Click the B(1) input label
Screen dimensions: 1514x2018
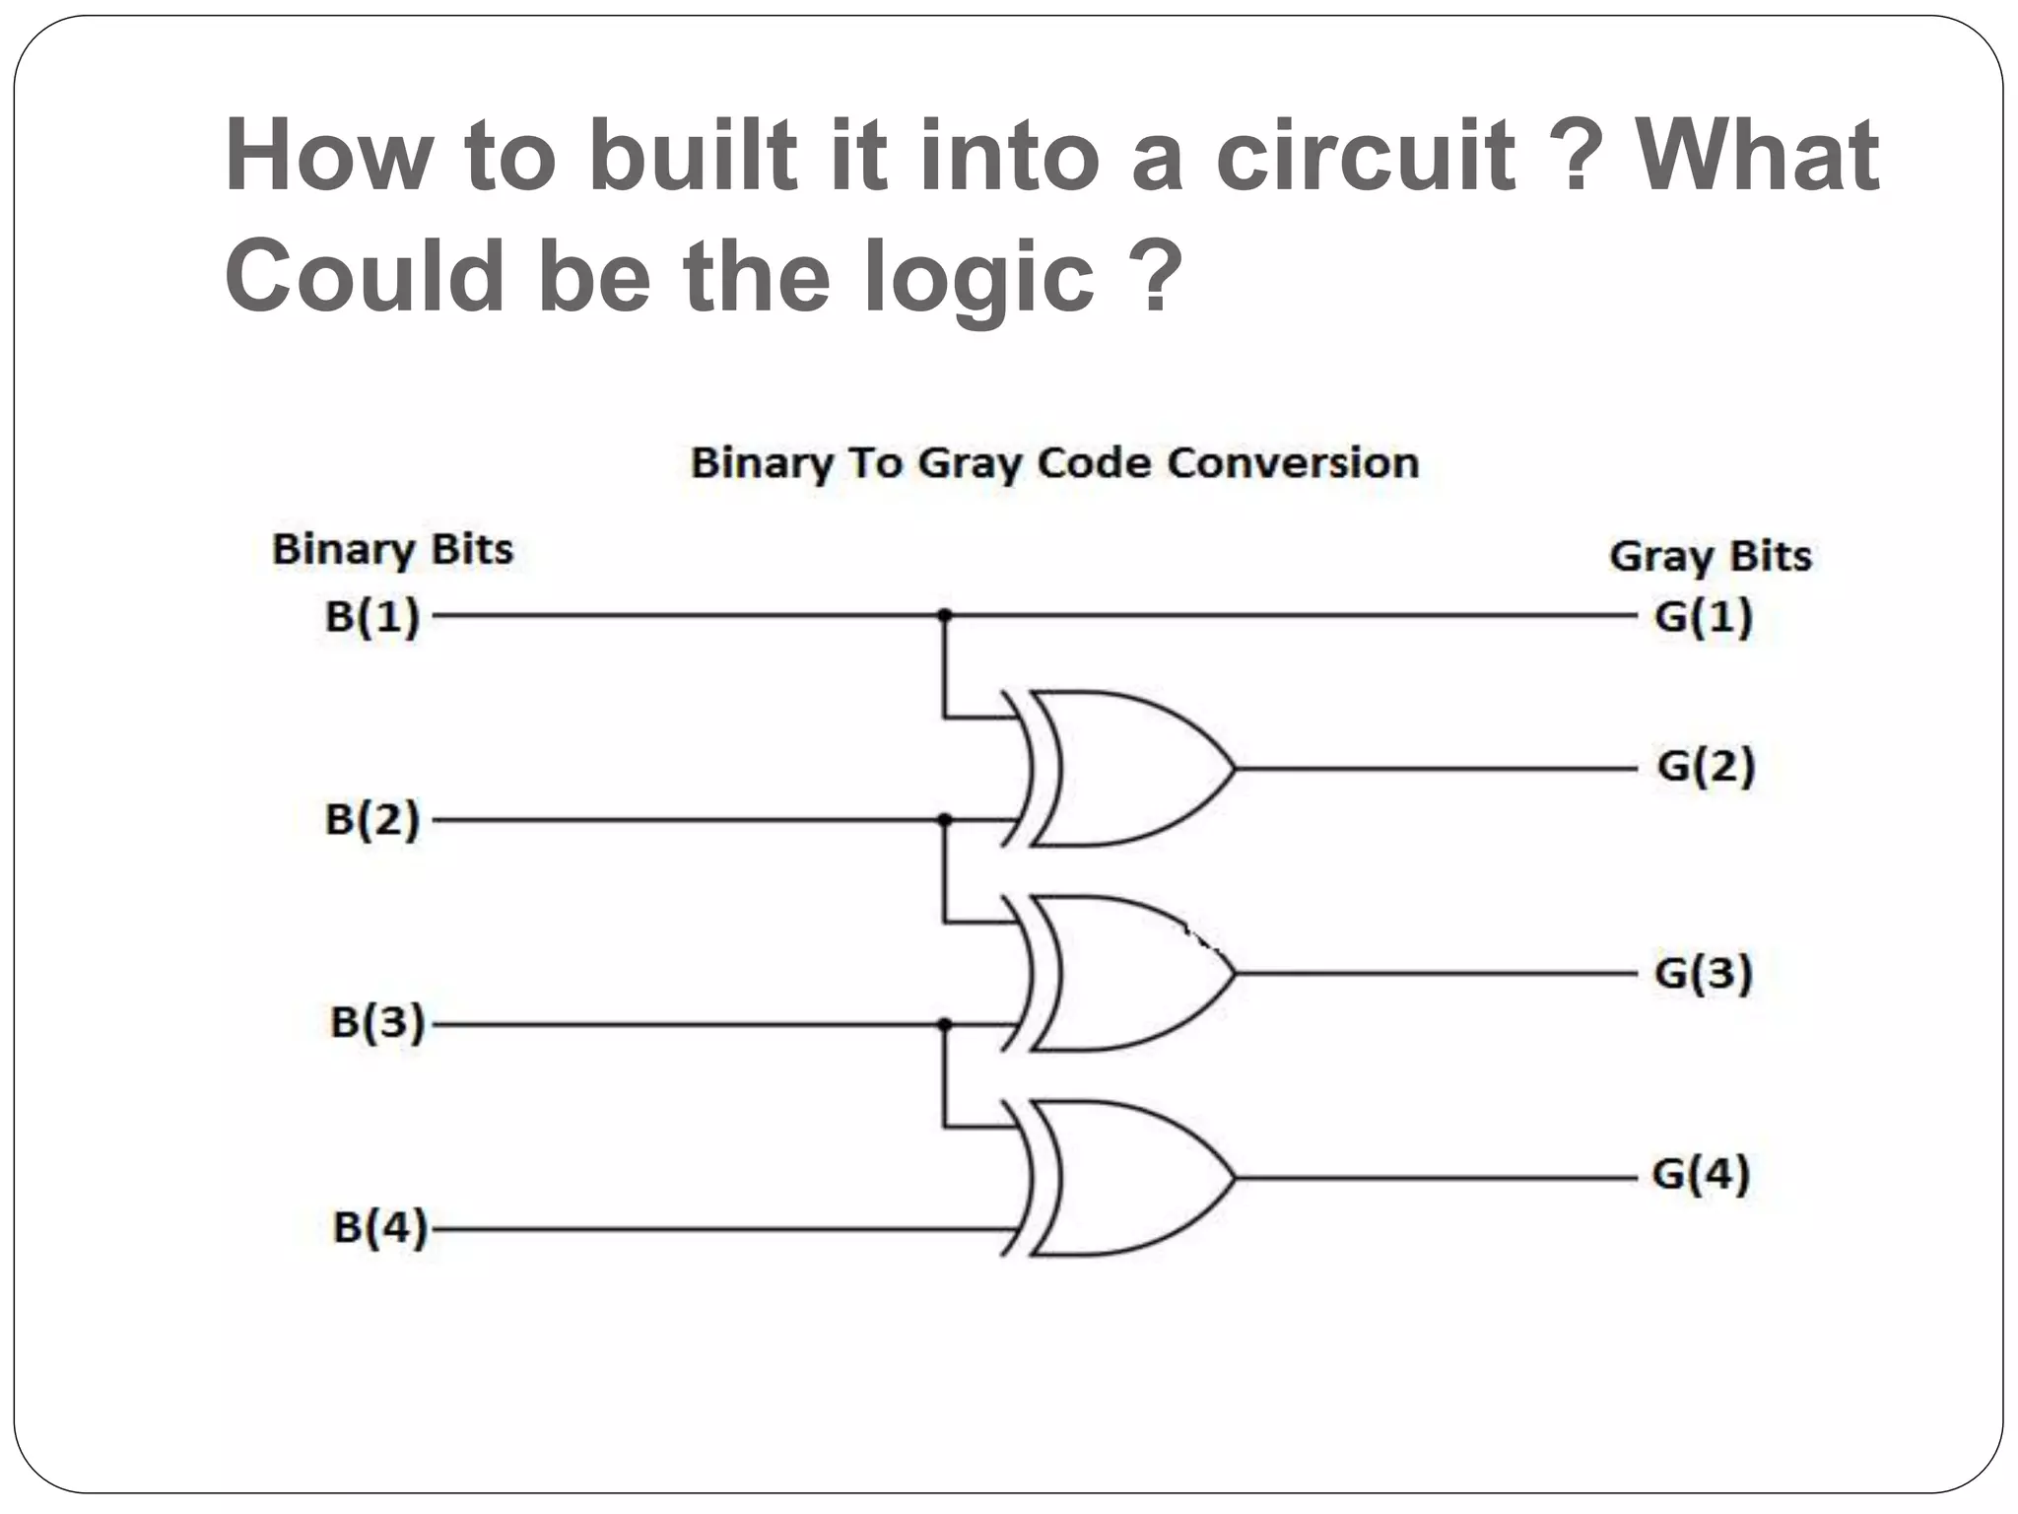[372, 617]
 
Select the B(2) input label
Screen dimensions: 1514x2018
[372, 820]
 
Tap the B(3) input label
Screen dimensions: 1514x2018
[376, 1023]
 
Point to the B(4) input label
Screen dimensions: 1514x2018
[380, 1228]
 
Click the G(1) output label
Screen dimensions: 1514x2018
[1704, 617]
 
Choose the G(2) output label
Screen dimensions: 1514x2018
[1706, 766]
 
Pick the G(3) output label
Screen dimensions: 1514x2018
[1704, 973]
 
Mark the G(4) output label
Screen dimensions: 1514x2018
[1701, 1174]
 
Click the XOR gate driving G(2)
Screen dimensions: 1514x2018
[1123, 769]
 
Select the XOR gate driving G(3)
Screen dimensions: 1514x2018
[1123, 974]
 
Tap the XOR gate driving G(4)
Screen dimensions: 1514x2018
[1123, 1178]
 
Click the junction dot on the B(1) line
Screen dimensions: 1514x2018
[944, 615]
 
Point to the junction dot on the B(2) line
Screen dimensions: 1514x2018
[944, 819]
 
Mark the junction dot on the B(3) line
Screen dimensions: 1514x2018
[944, 1024]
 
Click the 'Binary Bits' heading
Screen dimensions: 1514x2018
[392, 550]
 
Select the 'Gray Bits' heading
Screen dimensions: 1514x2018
[1711, 557]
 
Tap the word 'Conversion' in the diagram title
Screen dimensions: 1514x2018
[1292, 462]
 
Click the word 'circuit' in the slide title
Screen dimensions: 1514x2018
[1365, 155]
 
